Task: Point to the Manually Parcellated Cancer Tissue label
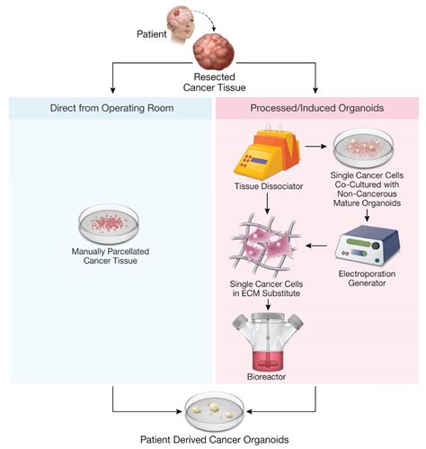point(111,256)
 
